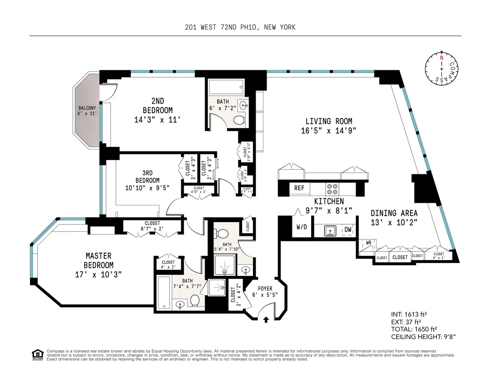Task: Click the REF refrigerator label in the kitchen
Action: [x=299, y=188]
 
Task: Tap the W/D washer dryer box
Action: [x=301, y=227]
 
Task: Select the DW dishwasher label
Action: [x=347, y=230]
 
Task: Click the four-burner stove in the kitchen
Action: [x=332, y=189]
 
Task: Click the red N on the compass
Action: [x=441, y=58]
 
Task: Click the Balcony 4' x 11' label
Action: [x=87, y=111]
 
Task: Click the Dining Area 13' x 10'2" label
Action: [x=394, y=217]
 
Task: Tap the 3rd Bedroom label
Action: [x=147, y=180]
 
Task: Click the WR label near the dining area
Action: [x=368, y=242]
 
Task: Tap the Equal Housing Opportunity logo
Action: [x=37, y=354]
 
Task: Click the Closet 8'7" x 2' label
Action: [x=152, y=226]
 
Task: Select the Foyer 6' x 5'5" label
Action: [x=262, y=291]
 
